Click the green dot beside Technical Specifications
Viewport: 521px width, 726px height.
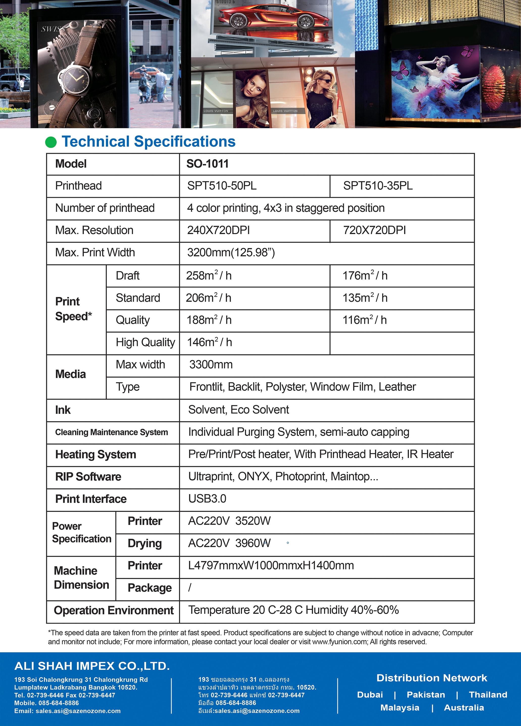[51, 142]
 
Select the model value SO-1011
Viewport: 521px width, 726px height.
[208, 164]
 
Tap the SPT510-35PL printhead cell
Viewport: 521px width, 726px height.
[378, 186]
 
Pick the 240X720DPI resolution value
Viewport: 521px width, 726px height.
[218, 230]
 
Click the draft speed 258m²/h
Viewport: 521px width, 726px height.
[209, 275]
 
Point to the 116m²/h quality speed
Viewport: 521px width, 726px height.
[364, 320]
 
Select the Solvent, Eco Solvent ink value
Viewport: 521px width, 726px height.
[239, 410]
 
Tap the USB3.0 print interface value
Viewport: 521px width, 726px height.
[207, 498]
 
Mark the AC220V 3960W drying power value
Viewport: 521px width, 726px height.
[229, 543]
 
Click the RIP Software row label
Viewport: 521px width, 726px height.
[88, 477]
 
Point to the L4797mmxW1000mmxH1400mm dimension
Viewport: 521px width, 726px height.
[271, 565]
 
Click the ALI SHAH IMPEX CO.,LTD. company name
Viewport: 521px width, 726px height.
[92, 666]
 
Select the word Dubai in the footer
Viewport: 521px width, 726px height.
[370, 695]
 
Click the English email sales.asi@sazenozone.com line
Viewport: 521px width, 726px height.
[68, 711]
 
